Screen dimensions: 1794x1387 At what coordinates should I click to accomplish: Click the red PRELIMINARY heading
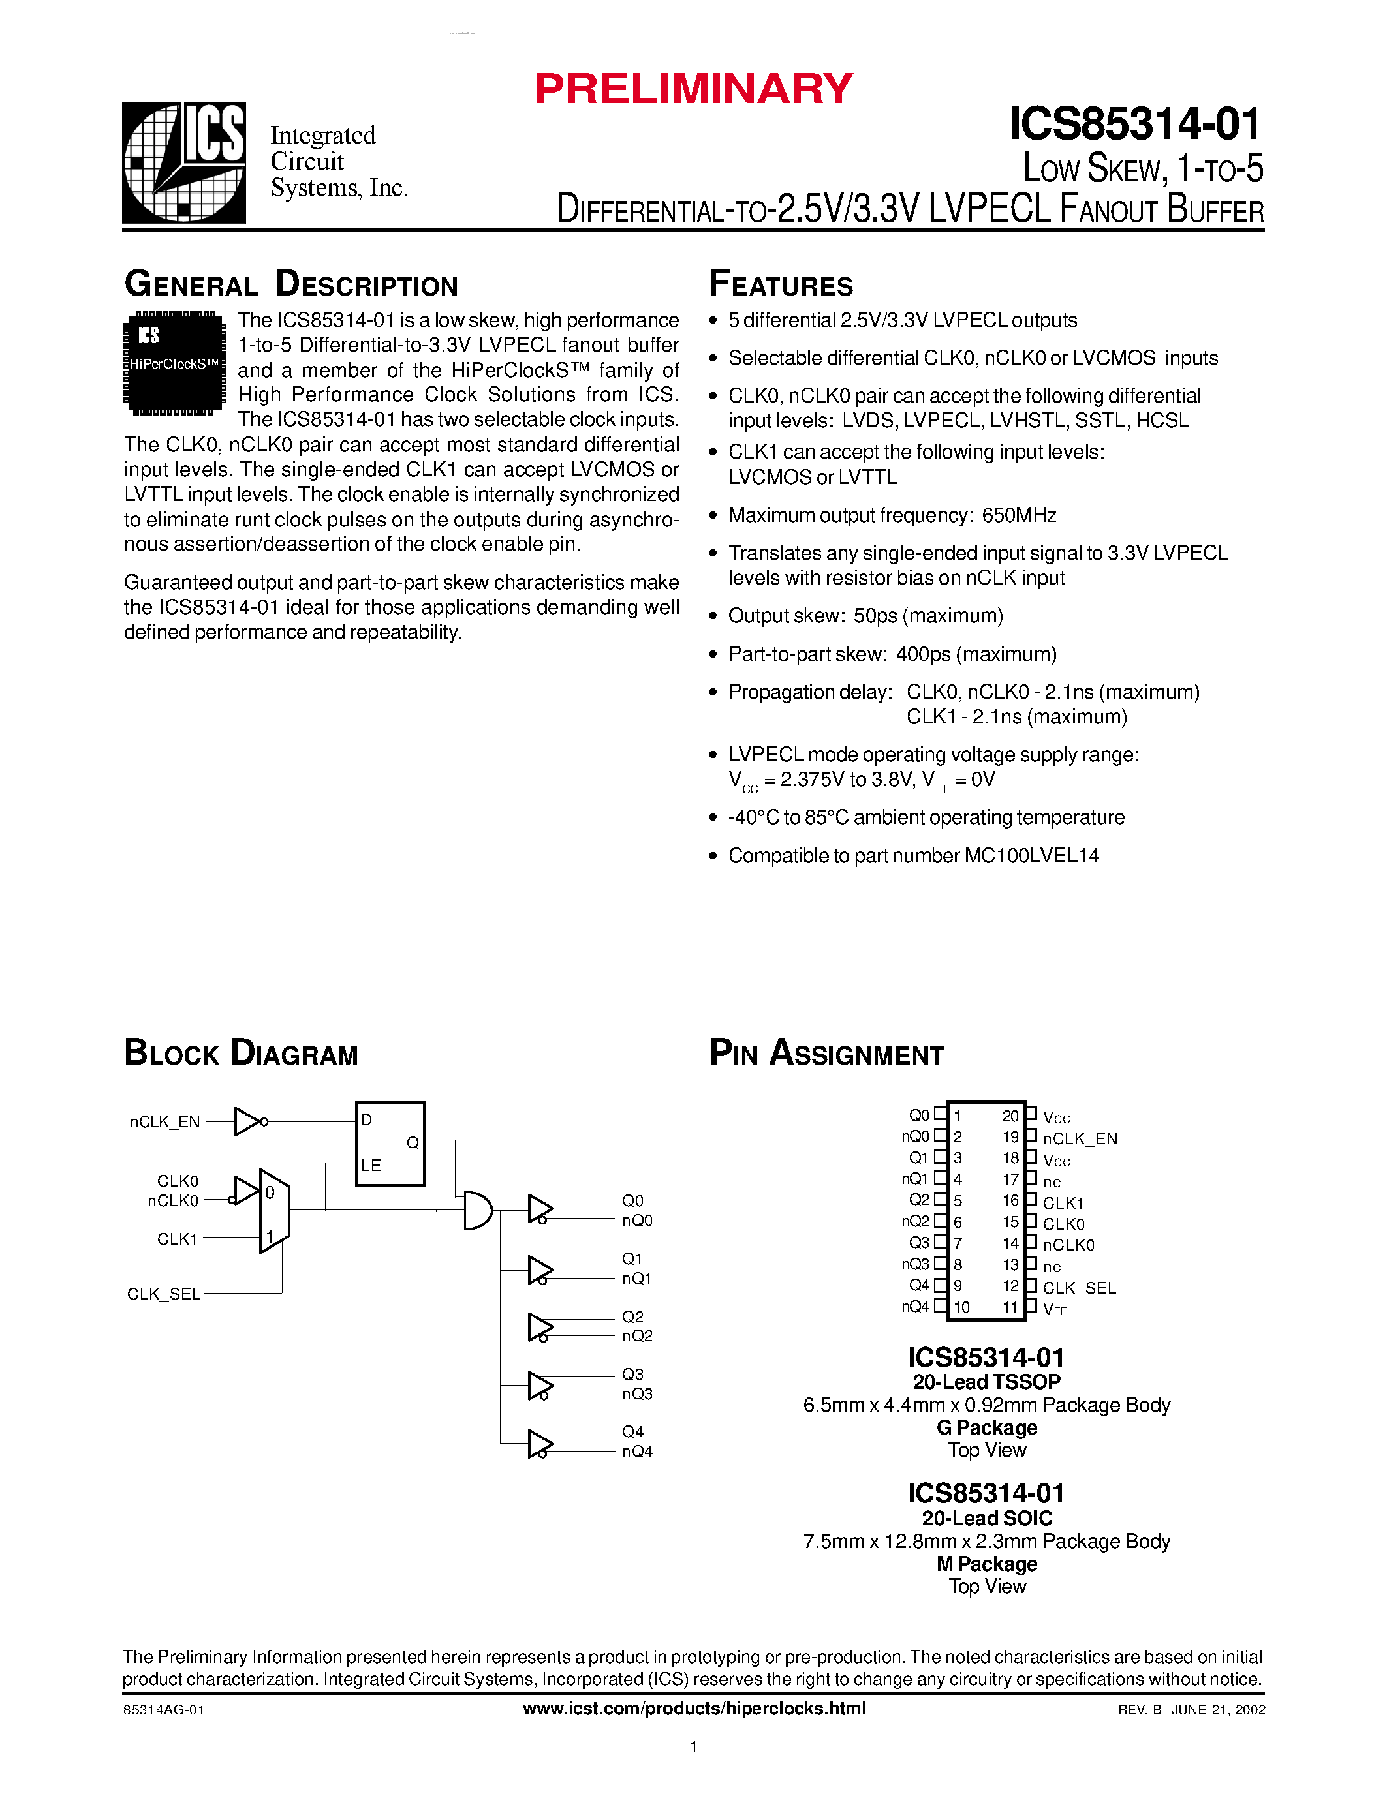tap(693, 89)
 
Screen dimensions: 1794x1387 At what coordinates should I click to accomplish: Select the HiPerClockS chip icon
tap(174, 362)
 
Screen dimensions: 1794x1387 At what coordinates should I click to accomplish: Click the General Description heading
tap(291, 284)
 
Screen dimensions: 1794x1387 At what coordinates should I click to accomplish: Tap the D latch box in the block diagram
tap(390, 1144)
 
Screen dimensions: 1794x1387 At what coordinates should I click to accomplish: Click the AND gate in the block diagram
tap(477, 1210)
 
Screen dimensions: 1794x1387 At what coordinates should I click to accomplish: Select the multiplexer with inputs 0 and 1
tap(273, 1211)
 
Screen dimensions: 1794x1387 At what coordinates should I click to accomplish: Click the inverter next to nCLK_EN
tap(249, 1121)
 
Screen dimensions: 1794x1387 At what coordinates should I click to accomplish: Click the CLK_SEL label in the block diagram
tap(164, 1294)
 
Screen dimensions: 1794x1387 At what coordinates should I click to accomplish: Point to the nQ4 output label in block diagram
tap(637, 1452)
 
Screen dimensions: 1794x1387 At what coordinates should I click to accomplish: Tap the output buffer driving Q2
tap(540, 1327)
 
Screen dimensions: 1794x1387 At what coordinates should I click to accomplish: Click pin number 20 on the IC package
tap(1010, 1116)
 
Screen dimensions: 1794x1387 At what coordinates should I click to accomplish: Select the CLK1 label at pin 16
tap(1063, 1202)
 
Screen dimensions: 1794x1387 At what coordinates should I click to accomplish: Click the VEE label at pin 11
tap(1054, 1309)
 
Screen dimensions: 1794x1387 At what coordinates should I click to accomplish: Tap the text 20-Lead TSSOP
tap(986, 1382)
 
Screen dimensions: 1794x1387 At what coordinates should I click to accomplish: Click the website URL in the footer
tap(693, 1709)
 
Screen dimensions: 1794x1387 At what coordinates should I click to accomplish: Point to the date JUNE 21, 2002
tap(1218, 1709)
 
